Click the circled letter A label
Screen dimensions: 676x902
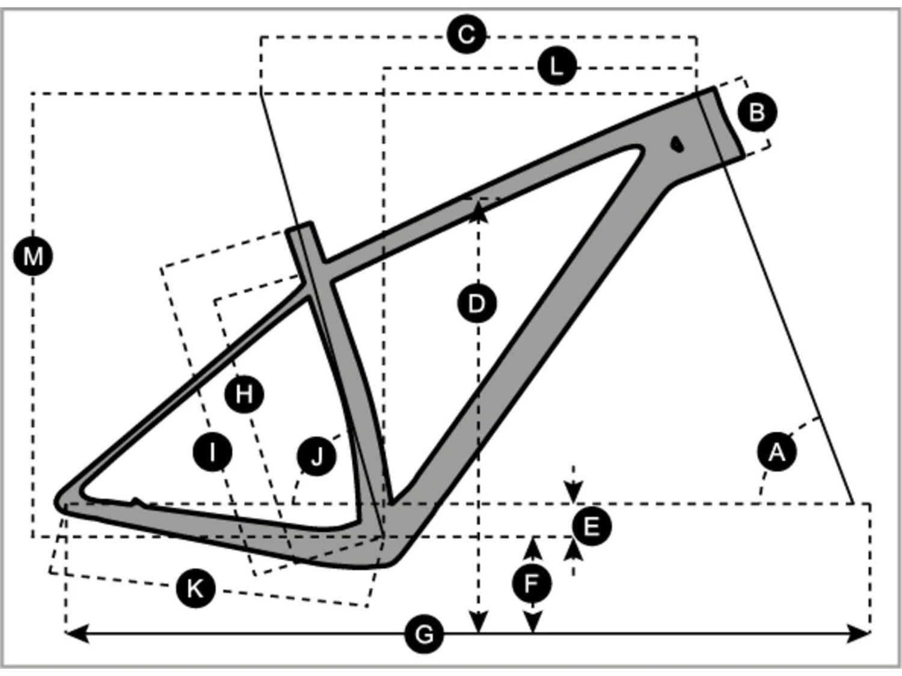click(x=776, y=451)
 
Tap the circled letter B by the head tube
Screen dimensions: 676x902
click(x=756, y=112)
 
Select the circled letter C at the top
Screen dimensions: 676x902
click(x=467, y=34)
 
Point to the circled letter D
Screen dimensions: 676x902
click(x=476, y=303)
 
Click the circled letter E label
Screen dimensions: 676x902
click(x=592, y=526)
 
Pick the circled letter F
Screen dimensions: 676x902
click(x=532, y=583)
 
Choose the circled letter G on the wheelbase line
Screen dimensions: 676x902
click(x=424, y=634)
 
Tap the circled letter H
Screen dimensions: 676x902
click(x=244, y=394)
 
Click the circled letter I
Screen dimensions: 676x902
click(x=212, y=451)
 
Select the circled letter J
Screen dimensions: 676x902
click(x=317, y=457)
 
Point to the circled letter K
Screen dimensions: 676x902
click(x=195, y=588)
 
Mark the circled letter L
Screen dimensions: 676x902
click(x=557, y=66)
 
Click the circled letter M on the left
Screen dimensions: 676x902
click(x=33, y=257)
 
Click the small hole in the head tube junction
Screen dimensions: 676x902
click(x=677, y=144)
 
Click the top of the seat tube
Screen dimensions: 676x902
click(x=299, y=228)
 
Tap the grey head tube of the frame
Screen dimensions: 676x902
click(x=721, y=123)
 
